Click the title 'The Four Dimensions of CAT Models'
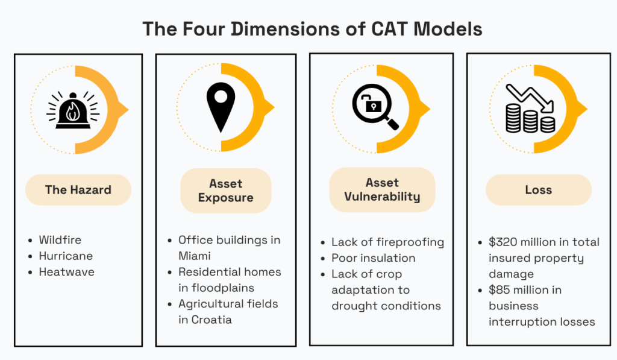coord(312,28)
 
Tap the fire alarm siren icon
coord(72,109)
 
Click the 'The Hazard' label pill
coord(78,190)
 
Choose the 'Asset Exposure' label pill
coord(225,191)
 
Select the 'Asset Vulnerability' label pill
coord(382,189)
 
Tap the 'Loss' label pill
coord(538,190)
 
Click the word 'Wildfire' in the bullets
coord(60,240)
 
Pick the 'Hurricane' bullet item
coord(66,256)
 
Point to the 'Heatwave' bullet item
coord(66,272)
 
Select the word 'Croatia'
coord(212,320)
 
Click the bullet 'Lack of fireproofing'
coord(387,242)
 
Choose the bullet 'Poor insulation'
coord(373,258)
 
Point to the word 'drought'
coord(355,306)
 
